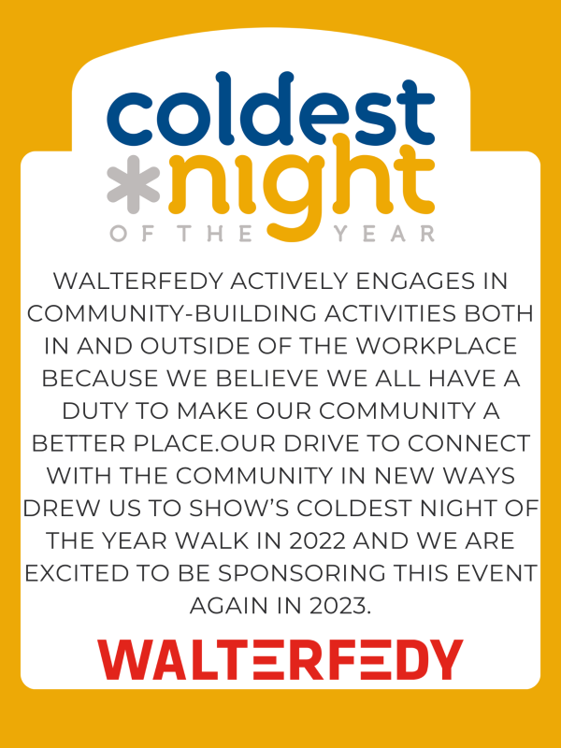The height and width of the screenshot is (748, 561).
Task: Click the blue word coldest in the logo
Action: pyautogui.click(x=271, y=109)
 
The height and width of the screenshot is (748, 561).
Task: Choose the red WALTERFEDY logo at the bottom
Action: pyautogui.click(x=280, y=660)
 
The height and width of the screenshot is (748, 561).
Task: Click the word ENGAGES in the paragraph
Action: pyautogui.click(x=415, y=281)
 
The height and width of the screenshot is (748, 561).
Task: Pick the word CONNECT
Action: pyautogui.click(x=468, y=443)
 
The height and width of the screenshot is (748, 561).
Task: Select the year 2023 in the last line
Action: pyautogui.click(x=339, y=606)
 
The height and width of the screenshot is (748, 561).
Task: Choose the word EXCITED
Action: pyautogui.click(x=77, y=573)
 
